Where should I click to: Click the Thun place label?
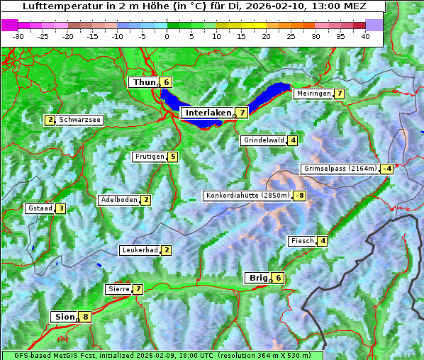tap(144, 83)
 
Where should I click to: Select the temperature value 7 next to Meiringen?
tap(340, 94)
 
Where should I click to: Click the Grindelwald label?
tap(263, 140)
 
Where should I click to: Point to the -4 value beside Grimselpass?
tap(386, 169)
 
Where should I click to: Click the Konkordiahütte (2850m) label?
tap(247, 196)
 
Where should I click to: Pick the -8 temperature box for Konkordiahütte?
tap(300, 196)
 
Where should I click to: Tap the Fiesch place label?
tap(302, 241)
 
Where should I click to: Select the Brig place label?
tap(258, 278)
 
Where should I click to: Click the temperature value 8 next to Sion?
tap(86, 317)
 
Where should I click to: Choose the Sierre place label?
tap(118, 289)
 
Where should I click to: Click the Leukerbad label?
tap(139, 250)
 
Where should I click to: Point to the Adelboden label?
tap(118, 200)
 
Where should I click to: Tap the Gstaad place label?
tap(40, 208)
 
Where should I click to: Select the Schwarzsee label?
tap(80, 120)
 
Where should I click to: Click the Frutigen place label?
tap(150, 157)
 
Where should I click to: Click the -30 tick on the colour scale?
tap(18, 35)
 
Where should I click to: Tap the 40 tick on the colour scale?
tap(365, 35)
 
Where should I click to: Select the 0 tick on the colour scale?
tap(167, 35)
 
